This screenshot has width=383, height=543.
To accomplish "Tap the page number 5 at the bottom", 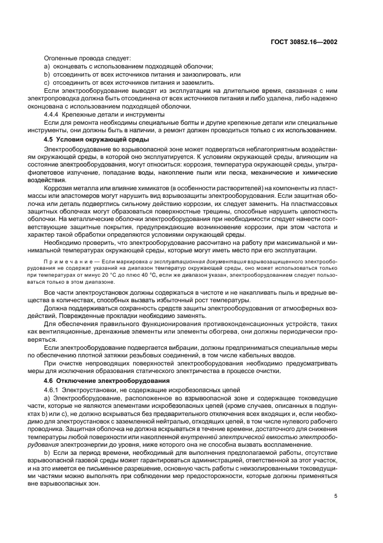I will pos(335,495).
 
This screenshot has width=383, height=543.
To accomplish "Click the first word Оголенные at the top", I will pos(61,59).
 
